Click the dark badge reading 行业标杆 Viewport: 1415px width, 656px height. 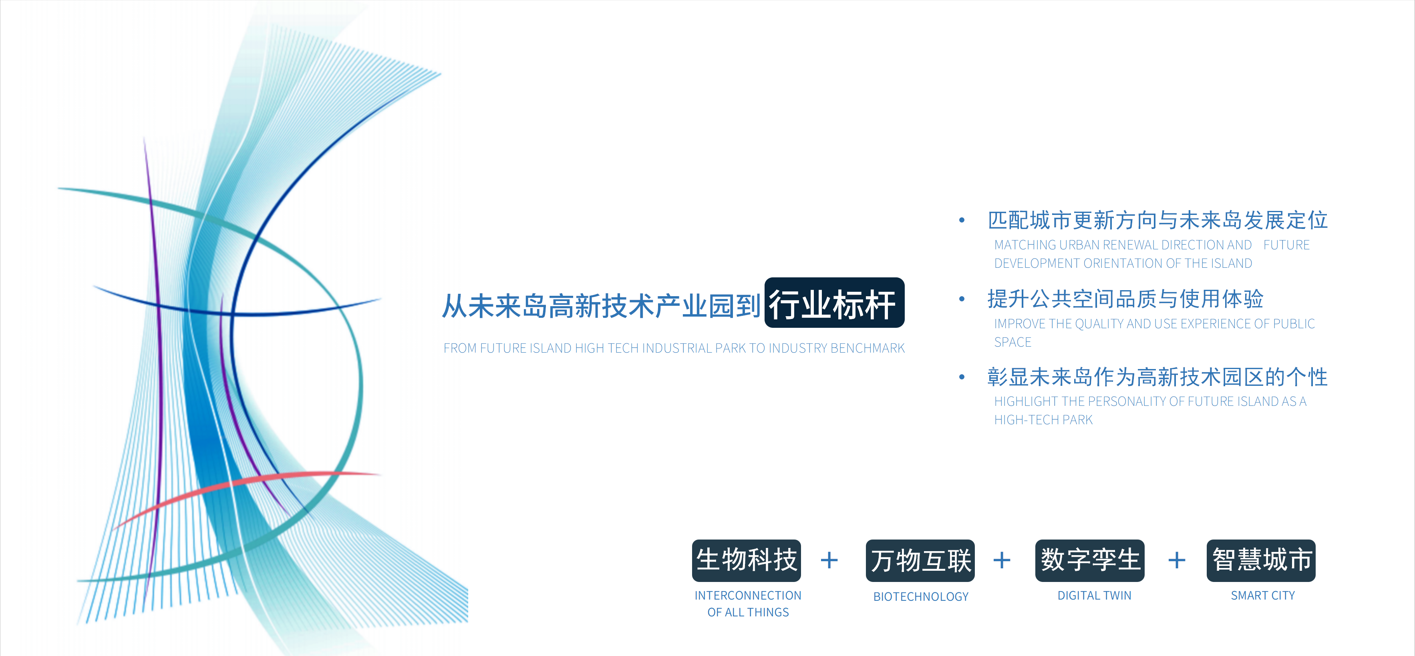[x=834, y=303]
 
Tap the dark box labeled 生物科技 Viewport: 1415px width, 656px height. [x=747, y=560]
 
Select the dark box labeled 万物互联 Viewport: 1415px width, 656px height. [x=920, y=560]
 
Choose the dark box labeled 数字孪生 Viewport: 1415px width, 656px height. [x=1090, y=560]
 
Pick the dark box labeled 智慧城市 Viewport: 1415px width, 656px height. [x=1261, y=560]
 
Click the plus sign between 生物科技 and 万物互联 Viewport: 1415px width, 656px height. [x=829, y=560]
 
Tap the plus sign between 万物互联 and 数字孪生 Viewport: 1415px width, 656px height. [x=1002, y=560]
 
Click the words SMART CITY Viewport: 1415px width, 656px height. [x=1263, y=596]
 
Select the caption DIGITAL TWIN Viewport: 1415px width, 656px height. [x=1094, y=596]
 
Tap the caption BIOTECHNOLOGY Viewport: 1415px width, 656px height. [x=921, y=597]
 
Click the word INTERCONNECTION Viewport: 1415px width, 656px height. [x=748, y=596]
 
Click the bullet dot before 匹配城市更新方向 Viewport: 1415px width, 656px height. [x=962, y=221]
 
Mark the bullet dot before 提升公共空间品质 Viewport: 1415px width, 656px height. [x=962, y=299]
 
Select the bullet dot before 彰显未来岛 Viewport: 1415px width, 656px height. [x=962, y=377]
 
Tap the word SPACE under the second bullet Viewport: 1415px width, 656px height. [x=1013, y=342]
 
